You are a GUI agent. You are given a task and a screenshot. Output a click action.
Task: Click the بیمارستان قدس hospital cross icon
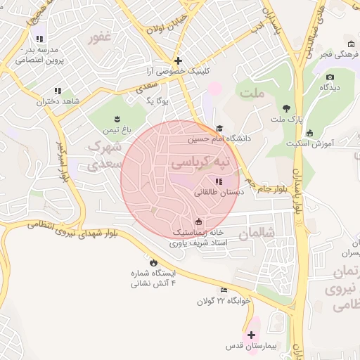[251, 335]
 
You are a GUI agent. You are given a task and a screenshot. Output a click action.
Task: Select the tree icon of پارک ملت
[286, 108]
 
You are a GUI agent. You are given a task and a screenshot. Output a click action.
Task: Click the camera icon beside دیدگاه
[330, 77]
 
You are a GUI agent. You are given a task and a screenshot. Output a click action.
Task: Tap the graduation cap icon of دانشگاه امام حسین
[219, 129]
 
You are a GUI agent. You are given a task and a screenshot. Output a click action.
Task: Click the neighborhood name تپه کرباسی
[200, 162]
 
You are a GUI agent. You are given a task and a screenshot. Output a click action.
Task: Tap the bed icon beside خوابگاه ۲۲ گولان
[224, 290]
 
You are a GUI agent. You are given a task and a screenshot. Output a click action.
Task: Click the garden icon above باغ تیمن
[117, 119]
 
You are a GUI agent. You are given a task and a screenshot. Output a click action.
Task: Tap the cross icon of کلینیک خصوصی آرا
[179, 61]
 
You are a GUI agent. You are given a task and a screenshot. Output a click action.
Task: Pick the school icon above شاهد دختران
[58, 91]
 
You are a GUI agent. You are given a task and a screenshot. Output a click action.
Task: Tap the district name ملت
[250, 92]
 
